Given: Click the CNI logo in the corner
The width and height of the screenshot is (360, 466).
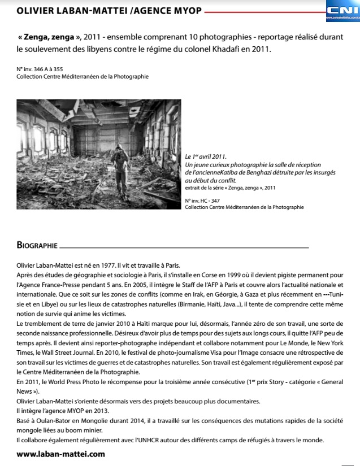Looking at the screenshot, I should pos(342,11).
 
